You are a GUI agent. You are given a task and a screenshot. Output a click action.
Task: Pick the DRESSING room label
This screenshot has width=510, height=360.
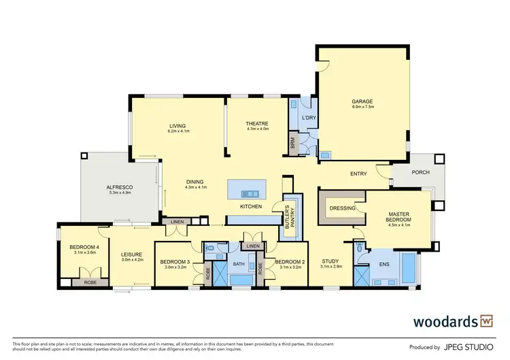(x=342, y=208)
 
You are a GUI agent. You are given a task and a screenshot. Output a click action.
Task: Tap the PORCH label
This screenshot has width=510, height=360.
(x=421, y=172)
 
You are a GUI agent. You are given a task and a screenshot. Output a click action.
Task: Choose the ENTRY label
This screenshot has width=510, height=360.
(x=358, y=174)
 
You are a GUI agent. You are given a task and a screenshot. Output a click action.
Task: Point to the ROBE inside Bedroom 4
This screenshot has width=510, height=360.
(x=89, y=281)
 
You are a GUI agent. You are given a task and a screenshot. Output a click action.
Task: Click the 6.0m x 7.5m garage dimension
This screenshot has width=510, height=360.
(x=363, y=107)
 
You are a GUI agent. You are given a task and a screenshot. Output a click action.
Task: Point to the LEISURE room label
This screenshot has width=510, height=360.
(x=133, y=255)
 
